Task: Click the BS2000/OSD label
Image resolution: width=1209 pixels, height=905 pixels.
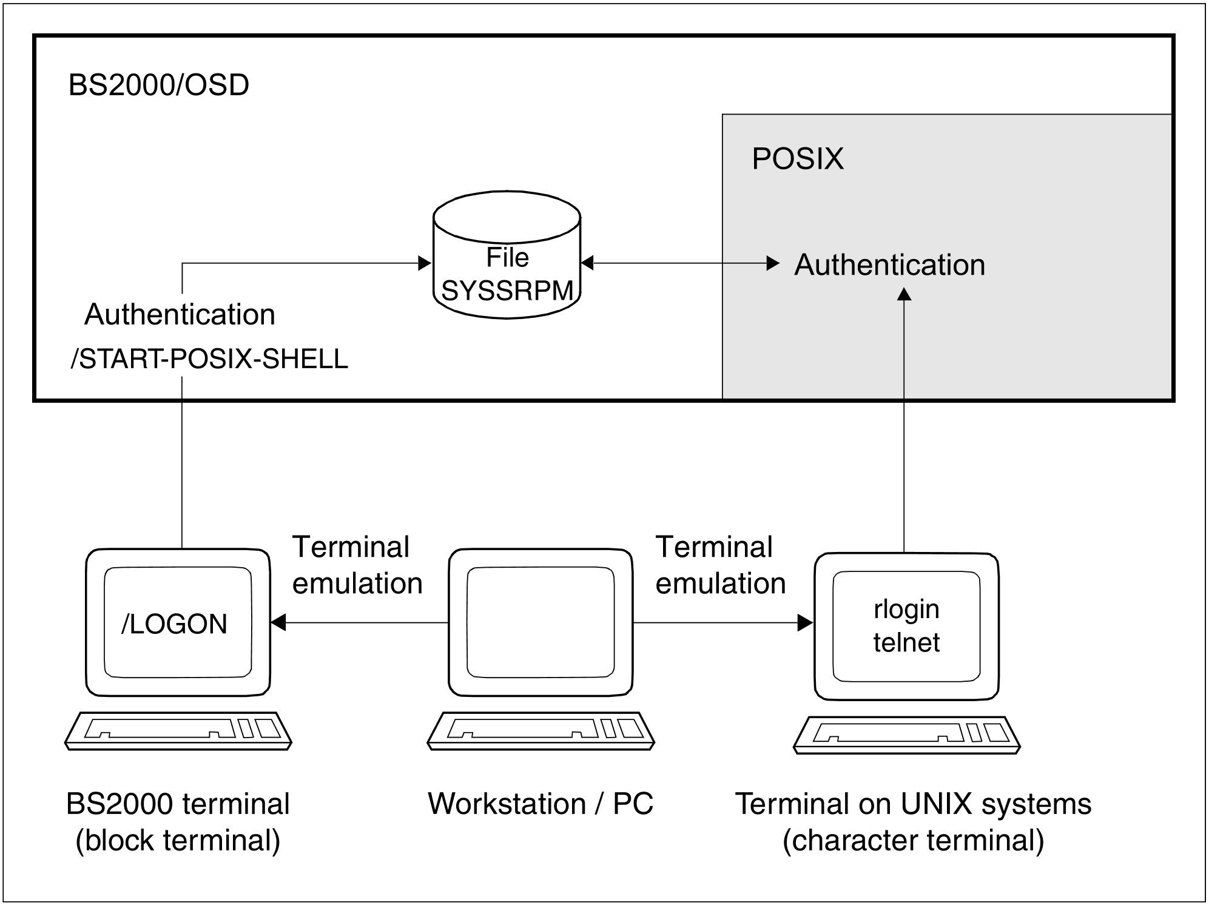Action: [159, 85]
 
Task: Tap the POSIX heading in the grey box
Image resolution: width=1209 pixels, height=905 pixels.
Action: [797, 159]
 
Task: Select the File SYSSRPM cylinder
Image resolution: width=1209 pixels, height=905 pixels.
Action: [507, 255]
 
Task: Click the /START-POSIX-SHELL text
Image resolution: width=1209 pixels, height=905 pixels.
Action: [209, 359]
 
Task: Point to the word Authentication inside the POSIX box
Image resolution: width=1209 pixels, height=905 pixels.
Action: [889, 265]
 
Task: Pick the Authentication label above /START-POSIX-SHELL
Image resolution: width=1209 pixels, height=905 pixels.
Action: [180, 315]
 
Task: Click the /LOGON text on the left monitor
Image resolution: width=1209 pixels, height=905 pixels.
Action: [175, 624]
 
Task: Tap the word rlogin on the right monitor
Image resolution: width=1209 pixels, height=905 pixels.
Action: [906, 609]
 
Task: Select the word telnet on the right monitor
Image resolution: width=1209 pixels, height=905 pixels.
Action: [906, 642]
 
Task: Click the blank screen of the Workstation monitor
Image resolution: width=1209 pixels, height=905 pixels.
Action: [541, 622]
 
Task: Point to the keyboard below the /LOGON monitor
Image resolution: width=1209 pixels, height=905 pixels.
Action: [178, 730]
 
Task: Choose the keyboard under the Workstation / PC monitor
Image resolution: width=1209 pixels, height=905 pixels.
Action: [541, 730]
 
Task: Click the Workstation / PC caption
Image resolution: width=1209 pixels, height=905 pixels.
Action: [541, 804]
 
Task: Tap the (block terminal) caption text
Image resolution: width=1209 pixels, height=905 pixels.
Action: [178, 841]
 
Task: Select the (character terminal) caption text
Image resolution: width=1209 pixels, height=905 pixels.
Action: [913, 841]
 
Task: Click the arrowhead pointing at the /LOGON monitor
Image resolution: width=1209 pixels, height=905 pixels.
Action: [278, 623]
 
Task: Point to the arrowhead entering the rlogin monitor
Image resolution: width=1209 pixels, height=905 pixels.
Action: [805, 623]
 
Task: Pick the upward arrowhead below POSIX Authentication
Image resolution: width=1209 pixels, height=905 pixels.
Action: [904, 294]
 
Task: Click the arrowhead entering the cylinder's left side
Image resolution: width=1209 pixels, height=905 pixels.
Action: [425, 263]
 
